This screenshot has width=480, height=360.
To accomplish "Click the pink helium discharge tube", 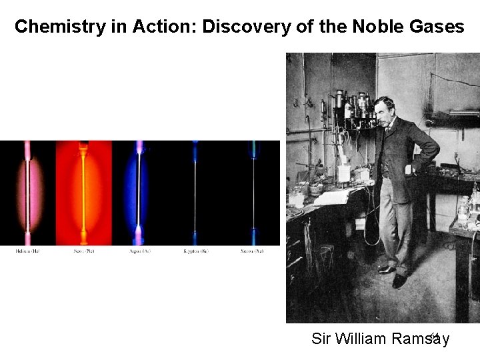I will coord(28,193).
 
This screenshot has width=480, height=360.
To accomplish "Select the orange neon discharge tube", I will coord(83,193).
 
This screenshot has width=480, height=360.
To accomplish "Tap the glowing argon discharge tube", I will coord(139,193).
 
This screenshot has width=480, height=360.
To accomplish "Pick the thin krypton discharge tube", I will coord(195,193).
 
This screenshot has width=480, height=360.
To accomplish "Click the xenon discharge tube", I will coord(253,193).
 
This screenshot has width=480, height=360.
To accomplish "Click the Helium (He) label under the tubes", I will coord(27,251).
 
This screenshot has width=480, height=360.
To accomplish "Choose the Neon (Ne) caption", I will coord(83,251).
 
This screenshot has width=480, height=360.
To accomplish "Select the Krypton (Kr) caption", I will coord(195,251).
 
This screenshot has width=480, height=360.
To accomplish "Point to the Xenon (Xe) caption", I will coord(252,251).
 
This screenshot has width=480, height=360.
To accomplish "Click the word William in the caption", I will coord(361,339).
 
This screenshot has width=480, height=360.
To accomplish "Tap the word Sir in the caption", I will coord(321,339).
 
